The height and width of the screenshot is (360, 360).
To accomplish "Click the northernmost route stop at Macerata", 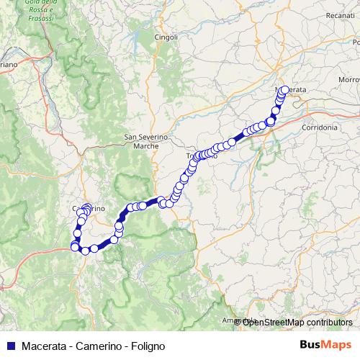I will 284,90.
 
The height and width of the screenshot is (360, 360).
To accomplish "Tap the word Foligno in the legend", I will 149,346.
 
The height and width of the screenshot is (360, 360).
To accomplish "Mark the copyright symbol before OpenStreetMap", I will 238,322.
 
